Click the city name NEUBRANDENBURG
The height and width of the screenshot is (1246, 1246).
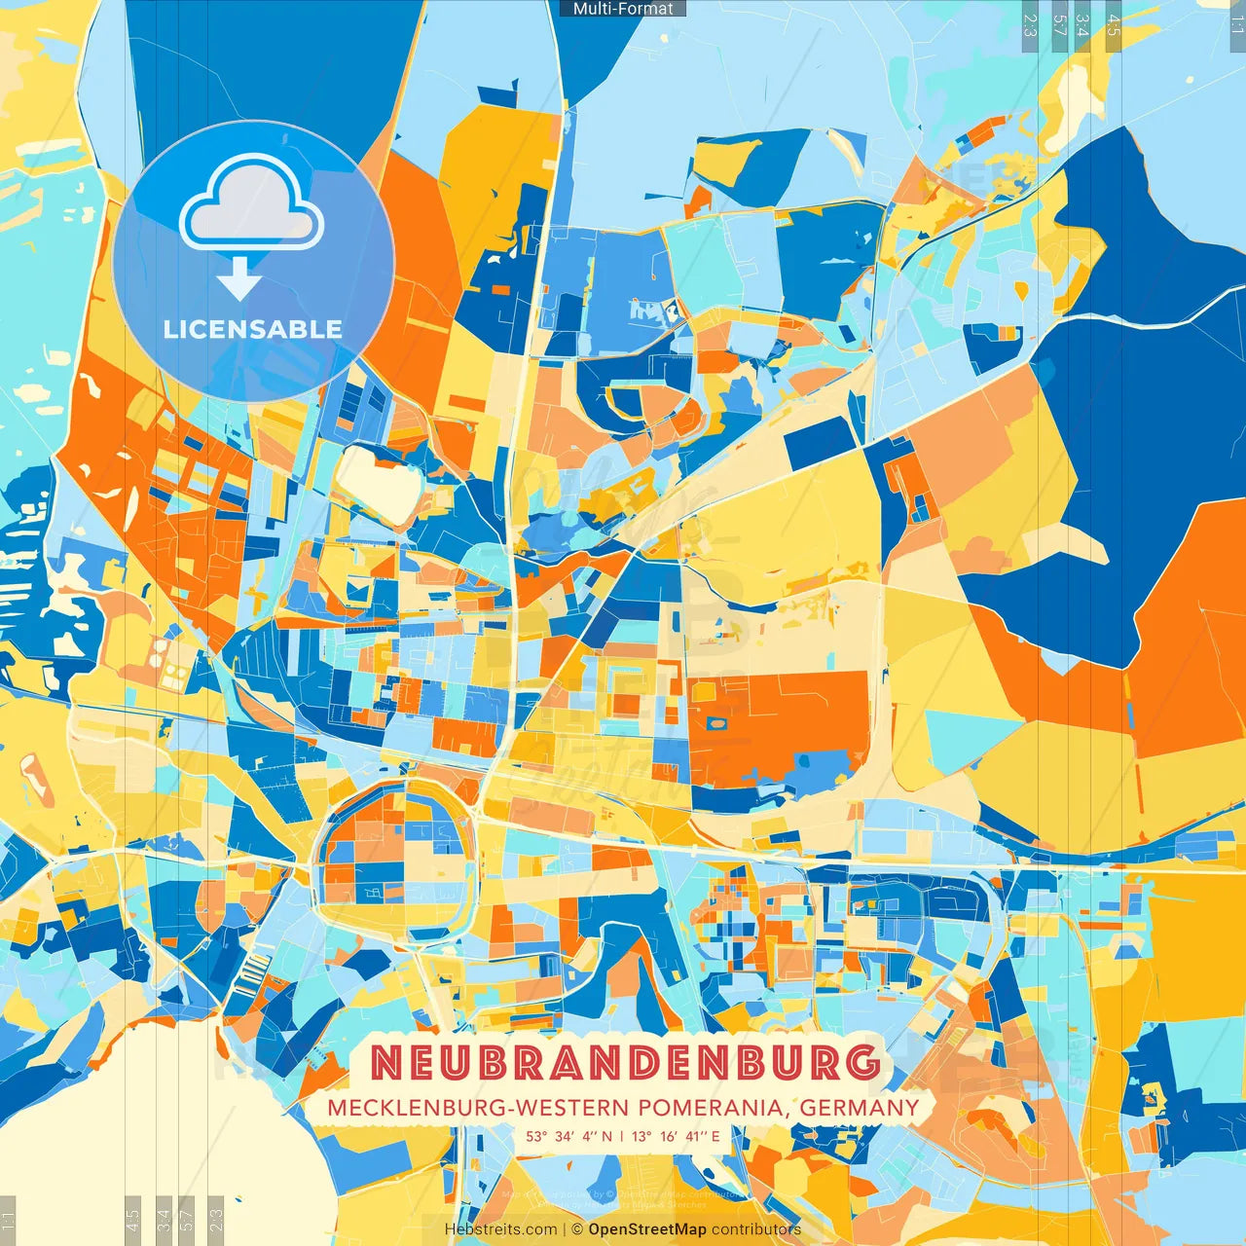[624, 1063]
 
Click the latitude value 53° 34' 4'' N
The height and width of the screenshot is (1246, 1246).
[569, 1136]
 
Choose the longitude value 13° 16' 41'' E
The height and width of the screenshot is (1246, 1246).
[676, 1136]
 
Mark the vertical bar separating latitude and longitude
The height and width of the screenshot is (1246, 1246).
[622, 1136]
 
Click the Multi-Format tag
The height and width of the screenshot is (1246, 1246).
[623, 9]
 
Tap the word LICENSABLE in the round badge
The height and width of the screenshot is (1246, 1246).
[253, 329]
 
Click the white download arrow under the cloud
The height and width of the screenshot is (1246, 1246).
[238, 279]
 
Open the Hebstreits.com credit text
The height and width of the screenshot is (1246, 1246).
[500, 1229]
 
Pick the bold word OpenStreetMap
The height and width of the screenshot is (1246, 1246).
[647, 1229]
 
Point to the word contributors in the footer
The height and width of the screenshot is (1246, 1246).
[756, 1229]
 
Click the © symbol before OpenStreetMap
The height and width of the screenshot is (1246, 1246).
[577, 1229]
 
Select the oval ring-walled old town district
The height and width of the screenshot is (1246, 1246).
[394, 857]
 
